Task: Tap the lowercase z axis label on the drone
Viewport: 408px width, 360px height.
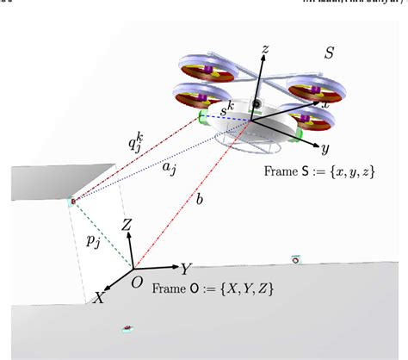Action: (269, 51)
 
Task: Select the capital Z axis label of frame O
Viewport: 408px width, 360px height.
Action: (126, 227)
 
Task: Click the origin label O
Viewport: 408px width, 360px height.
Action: (135, 282)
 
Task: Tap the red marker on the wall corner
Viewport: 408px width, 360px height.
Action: (72, 202)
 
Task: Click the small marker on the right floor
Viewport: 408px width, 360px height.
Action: (295, 258)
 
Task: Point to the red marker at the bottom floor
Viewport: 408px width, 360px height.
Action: (128, 328)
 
